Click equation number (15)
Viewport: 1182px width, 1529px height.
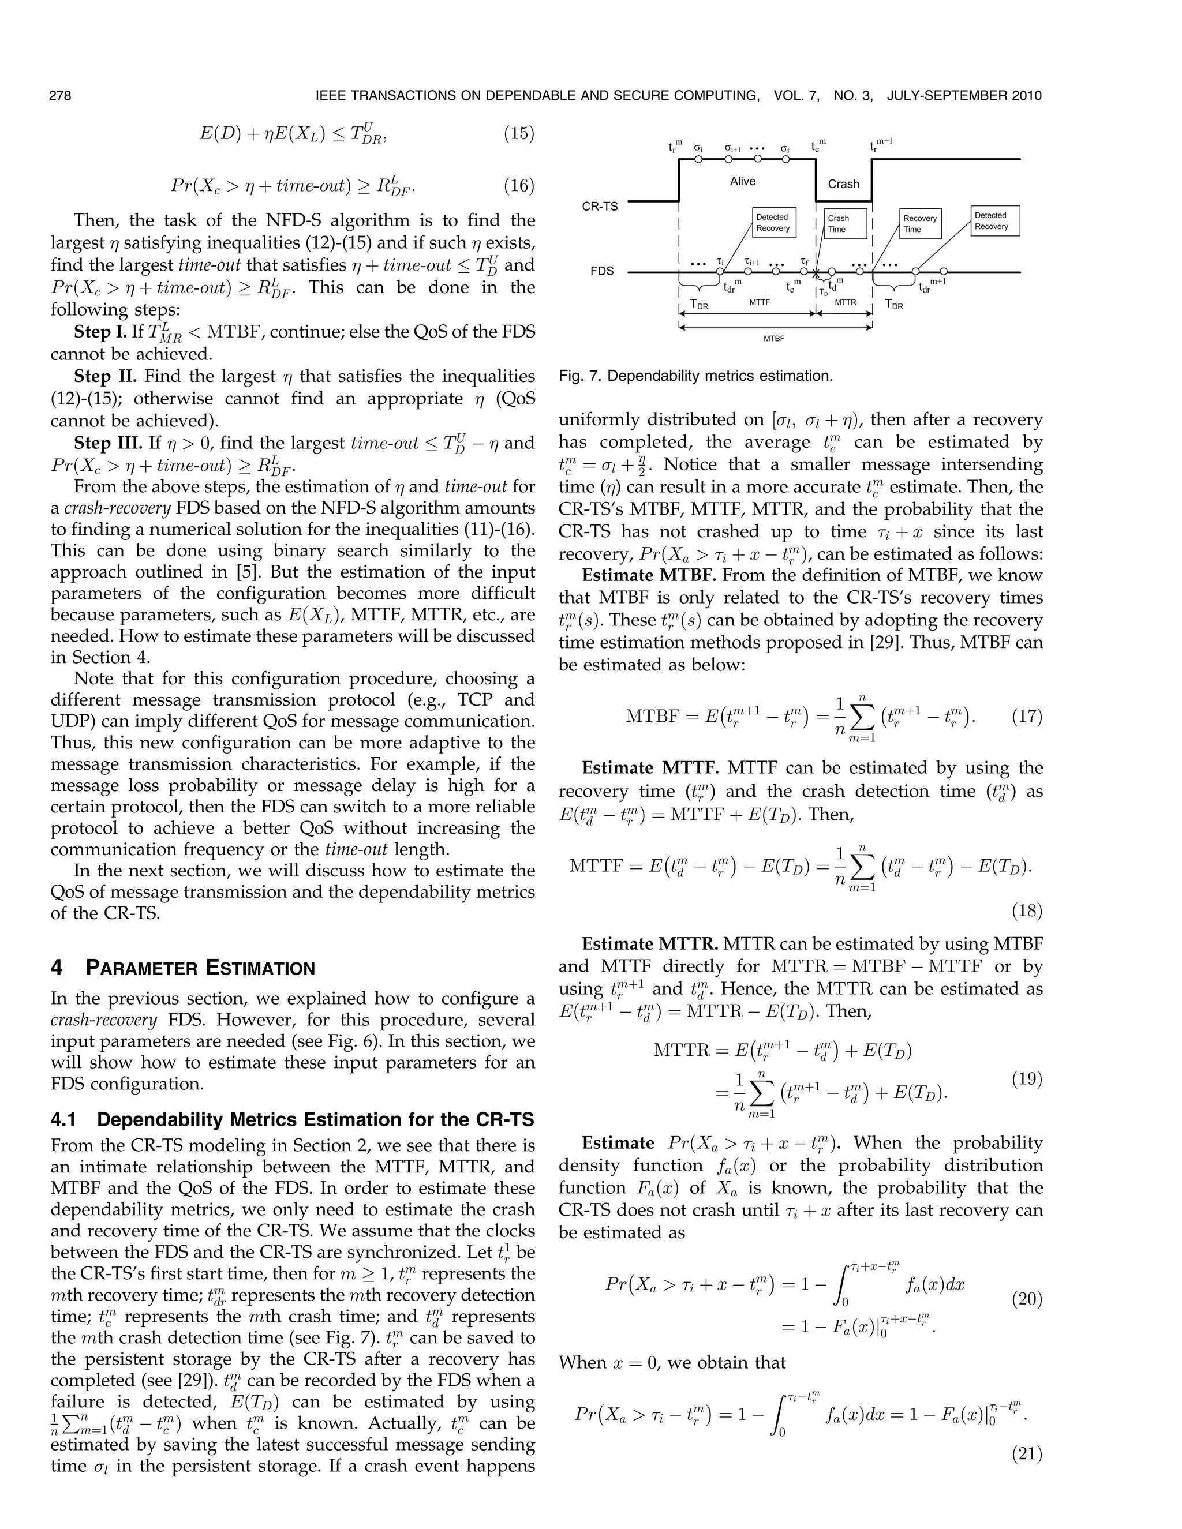[x=519, y=133]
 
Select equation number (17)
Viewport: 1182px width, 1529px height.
[x=1027, y=717]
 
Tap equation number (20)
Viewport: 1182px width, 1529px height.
[x=1027, y=1299]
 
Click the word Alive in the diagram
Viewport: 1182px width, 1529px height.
[x=742, y=181]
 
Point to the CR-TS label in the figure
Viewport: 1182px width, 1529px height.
[x=600, y=207]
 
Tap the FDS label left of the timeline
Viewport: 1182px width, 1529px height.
[x=601, y=271]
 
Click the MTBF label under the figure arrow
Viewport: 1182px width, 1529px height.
[x=774, y=338]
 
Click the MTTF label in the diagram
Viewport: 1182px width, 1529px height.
[x=760, y=302]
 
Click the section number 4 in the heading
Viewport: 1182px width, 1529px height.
[x=57, y=969]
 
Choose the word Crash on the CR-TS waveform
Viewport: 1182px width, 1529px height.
[x=843, y=183]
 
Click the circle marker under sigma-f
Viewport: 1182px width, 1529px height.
[x=785, y=159]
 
